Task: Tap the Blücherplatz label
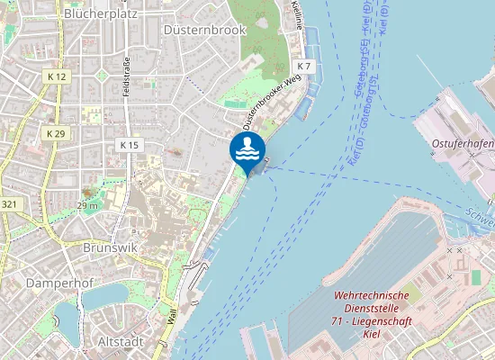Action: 100,14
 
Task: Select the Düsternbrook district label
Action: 204,30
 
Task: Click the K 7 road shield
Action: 304,67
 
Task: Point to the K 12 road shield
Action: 56,77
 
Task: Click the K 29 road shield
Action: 56,133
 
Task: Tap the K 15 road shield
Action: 130,145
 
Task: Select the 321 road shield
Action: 9,204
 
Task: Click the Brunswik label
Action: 107,247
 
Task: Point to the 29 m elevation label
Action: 87,206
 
